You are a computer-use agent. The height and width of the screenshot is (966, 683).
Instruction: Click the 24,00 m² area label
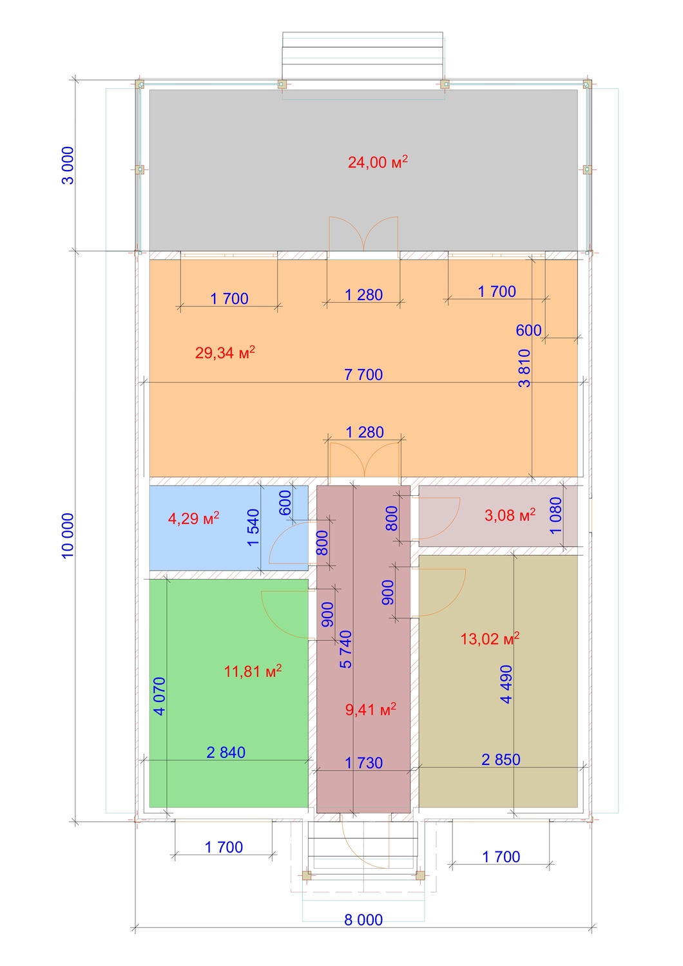(378, 162)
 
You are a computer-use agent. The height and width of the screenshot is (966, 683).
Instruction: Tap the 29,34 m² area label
(225, 352)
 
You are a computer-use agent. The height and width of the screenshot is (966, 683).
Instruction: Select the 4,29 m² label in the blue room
(193, 518)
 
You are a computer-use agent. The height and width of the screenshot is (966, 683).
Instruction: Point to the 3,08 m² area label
(510, 515)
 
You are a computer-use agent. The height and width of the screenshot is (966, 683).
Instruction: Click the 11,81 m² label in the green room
(253, 671)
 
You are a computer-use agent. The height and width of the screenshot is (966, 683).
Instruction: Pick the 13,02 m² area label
(490, 638)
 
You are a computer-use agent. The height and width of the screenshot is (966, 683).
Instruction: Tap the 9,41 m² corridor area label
(370, 710)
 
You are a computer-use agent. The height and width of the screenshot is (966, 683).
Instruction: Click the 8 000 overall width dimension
(363, 920)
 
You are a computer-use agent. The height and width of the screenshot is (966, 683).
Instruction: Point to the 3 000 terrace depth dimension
(68, 166)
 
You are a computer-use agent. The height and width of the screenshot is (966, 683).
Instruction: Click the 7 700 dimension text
(363, 374)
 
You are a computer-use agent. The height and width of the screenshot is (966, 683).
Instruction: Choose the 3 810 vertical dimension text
(524, 368)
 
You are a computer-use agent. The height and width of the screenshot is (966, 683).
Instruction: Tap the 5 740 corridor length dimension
(345, 649)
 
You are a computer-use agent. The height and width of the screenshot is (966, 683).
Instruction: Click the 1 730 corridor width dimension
(363, 763)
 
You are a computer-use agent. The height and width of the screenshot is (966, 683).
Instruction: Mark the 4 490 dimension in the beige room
(506, 685)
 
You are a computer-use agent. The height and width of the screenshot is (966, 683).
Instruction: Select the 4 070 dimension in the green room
(159, 696)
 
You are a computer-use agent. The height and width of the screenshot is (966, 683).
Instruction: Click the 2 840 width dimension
(226, 752)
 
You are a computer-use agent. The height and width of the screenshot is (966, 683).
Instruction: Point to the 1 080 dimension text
(556, 515)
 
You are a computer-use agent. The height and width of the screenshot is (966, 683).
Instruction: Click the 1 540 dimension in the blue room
(253, 527)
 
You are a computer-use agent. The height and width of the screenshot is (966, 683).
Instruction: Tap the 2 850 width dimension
(501, 759)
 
